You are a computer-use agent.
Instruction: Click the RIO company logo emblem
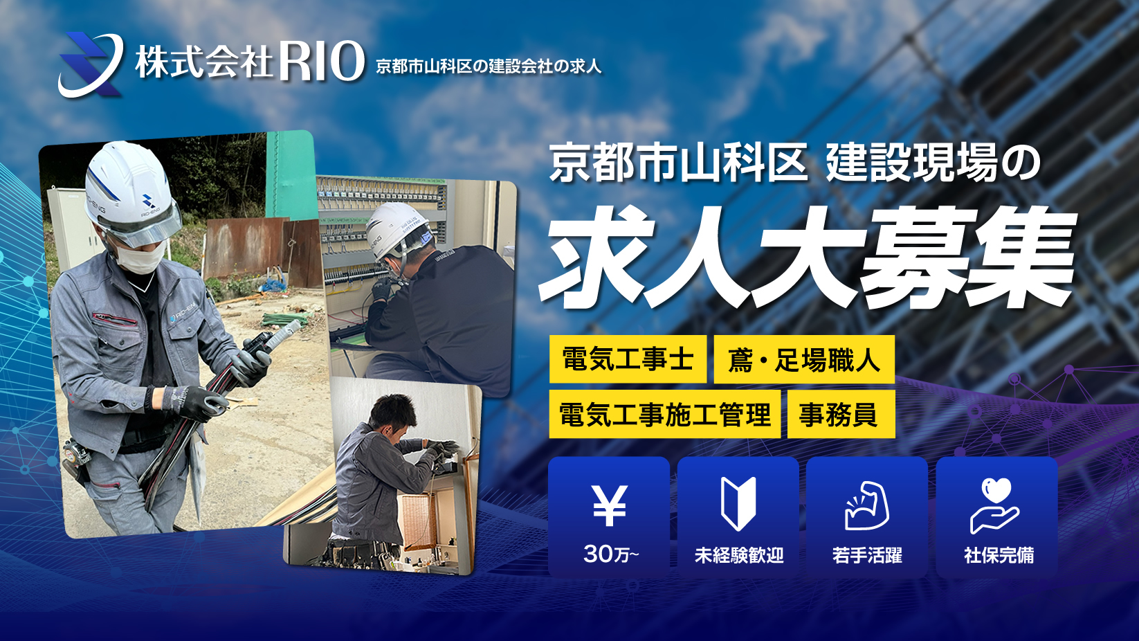tap(90, 64)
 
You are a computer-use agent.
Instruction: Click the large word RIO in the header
tap(322, 62)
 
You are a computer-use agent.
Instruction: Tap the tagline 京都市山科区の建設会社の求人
tap(489, 66)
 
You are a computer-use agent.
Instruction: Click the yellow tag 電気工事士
tap(628, 359)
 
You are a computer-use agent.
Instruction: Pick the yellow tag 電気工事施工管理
tap(664, 415)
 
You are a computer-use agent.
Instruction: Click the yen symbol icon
tap(609, 505)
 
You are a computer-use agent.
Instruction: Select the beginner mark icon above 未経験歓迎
tap(738, 504)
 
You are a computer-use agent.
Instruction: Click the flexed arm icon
tap(867, 506)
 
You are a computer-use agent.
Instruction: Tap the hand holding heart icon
tap(995, 506)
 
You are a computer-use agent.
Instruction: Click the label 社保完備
tap(999, 555)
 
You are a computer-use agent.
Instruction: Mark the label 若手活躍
tap(867, 555)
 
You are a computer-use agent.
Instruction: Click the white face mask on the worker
tap(138, 258)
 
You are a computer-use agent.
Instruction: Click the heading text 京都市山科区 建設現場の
tap(795, 164)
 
